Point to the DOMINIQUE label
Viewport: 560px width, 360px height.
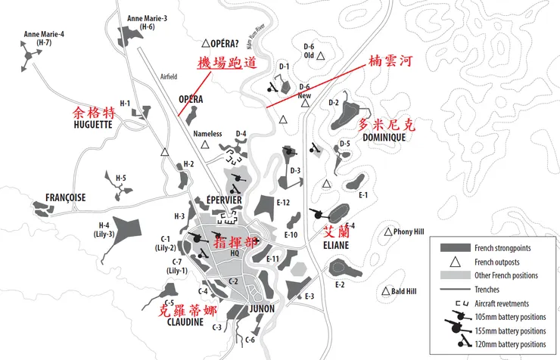point(384,138)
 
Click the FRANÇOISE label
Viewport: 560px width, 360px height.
point(64,197)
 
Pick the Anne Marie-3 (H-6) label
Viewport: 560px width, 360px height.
point(148,22)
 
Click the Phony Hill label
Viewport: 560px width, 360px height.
point(409,231)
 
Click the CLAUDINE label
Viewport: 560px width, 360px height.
point(185,321)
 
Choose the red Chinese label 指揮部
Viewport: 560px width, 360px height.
point(233,244)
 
